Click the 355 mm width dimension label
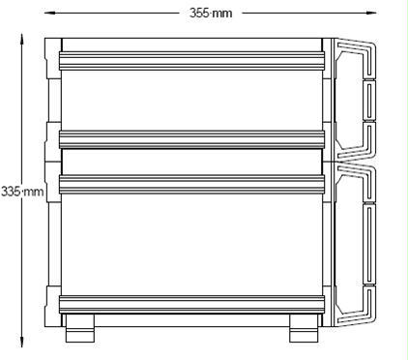tap(211, 14)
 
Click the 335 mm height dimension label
tap(22, 192)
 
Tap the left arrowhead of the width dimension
tap(49, 13)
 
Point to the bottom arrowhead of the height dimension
tap(22, 342)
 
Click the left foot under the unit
tap(80, 328)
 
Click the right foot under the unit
tap(304, 328)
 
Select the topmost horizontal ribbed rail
tap(191, 61)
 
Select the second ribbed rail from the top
tap(191, 139)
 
